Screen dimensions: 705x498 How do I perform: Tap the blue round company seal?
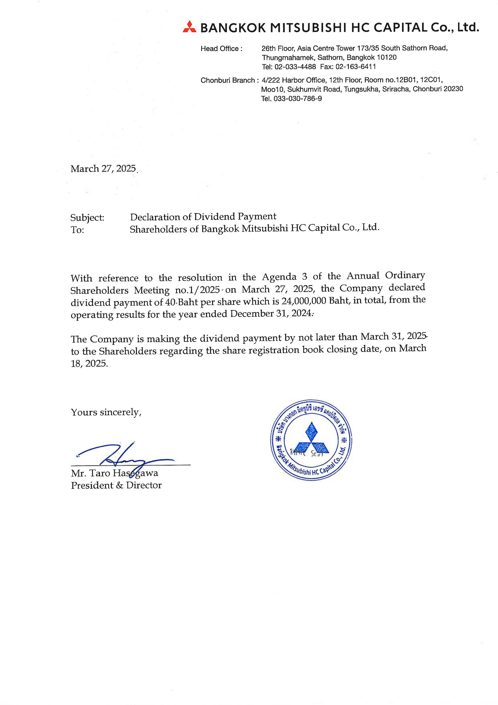click(x=311, y=440)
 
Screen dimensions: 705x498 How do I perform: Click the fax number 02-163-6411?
click(x=355, y=67)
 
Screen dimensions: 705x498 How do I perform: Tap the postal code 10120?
click(x=387, y=58)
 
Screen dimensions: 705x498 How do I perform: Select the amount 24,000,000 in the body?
click(x=304, y=301)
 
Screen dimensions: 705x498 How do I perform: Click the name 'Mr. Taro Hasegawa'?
click(x=114, y=473)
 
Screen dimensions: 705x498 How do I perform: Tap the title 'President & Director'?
click(x=116, y=485)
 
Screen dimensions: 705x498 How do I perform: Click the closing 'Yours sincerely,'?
click(x=106, y=412)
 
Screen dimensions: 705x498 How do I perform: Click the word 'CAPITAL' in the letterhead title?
click(x=400, y=28)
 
